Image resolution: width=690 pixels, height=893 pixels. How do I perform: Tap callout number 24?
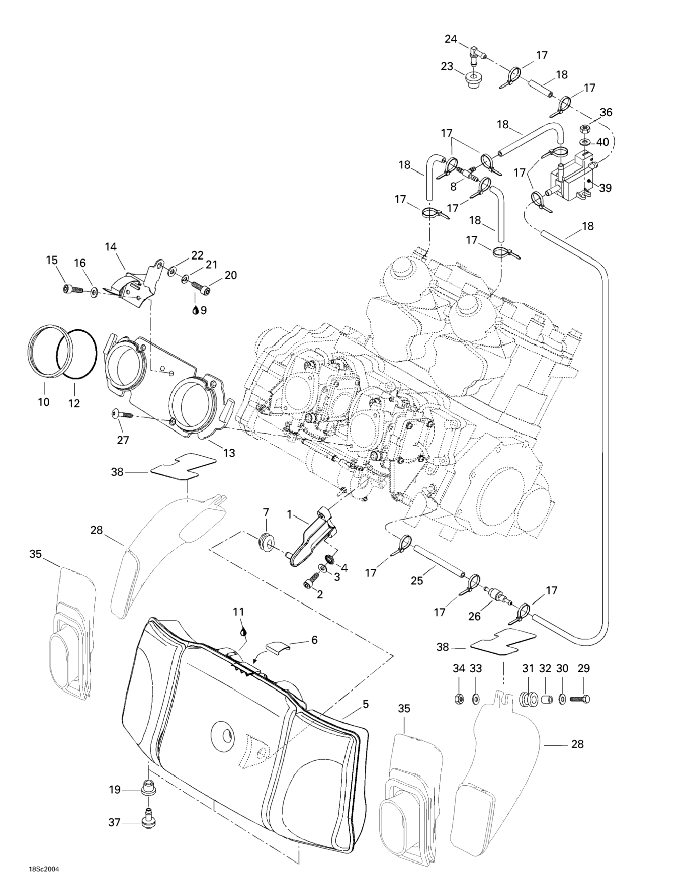[x=451, y=39]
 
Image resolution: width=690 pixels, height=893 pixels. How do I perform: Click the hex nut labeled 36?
[x=585, y=129]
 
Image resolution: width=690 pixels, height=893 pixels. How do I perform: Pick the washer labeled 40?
[x=585, y=142]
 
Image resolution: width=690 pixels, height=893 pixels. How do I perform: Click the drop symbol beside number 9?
[x=195, y=311]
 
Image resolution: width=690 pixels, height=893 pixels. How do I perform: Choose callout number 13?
[x=229, y=453]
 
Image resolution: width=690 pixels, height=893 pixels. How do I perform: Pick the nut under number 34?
[x=458, y=698]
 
